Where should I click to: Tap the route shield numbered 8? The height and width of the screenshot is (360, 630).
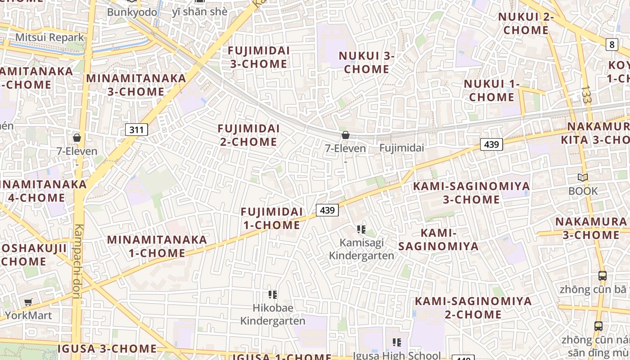click(612, 44)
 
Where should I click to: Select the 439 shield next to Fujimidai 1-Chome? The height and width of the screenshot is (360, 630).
click(327, 210)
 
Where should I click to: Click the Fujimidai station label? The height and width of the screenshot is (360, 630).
click(402, 148)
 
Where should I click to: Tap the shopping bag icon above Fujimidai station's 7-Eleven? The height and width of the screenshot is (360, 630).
click(346, 135)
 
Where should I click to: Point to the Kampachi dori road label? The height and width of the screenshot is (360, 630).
click(78, 261)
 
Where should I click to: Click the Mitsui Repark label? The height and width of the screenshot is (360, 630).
click(49, 37)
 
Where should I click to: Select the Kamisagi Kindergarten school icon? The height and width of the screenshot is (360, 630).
click(361, 229)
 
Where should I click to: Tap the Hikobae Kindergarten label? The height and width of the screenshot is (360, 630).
click(273, 314)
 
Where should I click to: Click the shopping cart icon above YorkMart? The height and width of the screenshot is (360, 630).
click(28, 302)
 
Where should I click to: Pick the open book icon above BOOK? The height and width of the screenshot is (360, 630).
click(583, 178)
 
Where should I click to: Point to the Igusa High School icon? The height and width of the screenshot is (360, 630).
click(396, 342)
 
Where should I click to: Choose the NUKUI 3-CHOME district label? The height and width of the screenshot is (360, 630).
click(366, 63)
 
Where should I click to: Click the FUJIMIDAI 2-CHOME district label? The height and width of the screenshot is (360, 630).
click(248, 135)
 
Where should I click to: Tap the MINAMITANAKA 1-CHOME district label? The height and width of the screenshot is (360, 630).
click(157, 246)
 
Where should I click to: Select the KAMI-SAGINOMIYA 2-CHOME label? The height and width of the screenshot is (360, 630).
click(473, 308)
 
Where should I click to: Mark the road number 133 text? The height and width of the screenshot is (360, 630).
click(586, 94)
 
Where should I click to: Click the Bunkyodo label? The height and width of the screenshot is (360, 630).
click(132, 12)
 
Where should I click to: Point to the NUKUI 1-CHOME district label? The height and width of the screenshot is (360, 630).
click(491, 90)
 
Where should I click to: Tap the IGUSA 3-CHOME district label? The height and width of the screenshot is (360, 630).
click(107, 348)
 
